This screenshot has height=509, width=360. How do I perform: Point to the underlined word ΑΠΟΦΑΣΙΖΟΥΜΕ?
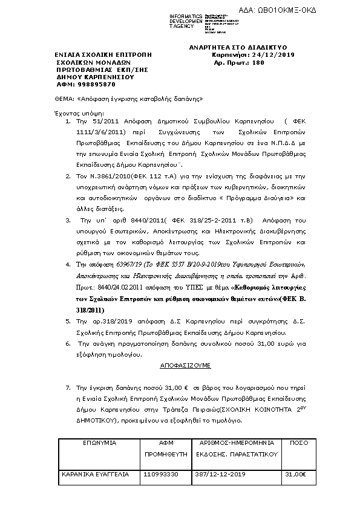[177, 366]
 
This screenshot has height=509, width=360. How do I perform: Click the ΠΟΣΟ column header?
[295, 443]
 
